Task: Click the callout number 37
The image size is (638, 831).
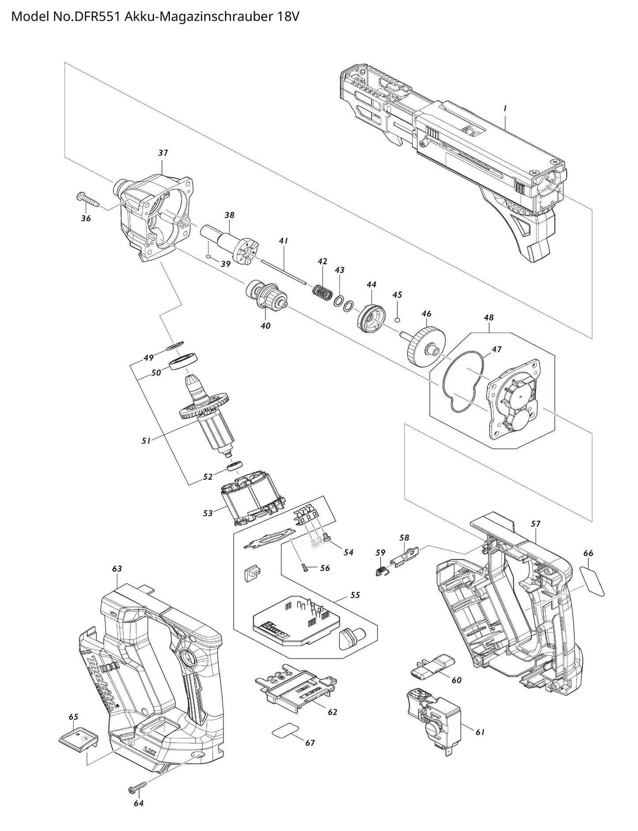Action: point(163,153)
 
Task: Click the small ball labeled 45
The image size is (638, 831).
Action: point(397,320)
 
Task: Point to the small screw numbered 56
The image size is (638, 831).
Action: point(304,567)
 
